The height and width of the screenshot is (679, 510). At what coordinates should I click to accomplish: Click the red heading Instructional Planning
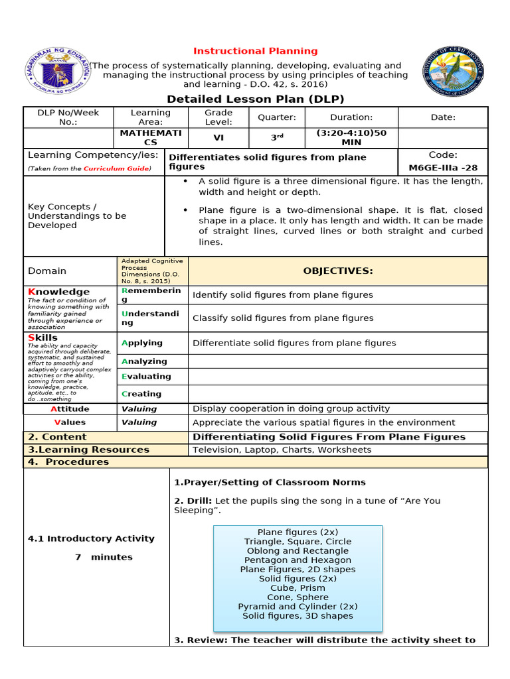pyautogui.click(x=255, y=51)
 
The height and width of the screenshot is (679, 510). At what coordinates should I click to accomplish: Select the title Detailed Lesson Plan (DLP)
pyautogui.click(x=256, y=99)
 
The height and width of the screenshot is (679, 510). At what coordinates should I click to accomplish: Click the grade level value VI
pyautogui.click(x=218, y=137)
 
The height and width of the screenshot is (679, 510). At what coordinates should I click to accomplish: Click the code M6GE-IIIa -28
pyautogui.click(x=443, y=167)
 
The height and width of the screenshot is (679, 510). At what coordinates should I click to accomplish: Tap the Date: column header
pyautogui.click(x=443, y=117)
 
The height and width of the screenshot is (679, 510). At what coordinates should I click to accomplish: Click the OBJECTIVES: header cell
pyautogui.click(x=338, y=271)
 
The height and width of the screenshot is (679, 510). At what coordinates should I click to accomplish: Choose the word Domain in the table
pyautogui.click(x=47, y=271)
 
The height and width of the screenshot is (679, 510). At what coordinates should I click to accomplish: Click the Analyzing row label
pyautogui.click(x=144, y=361)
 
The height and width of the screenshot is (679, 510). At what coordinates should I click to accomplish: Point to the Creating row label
pyautogui.click(x=141, y=393)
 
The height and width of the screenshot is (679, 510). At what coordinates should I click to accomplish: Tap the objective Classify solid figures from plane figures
pyautogui.click(x=283, y=318)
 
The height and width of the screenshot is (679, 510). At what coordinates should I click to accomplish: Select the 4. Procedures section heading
pyautogui.click(x=68, y=462)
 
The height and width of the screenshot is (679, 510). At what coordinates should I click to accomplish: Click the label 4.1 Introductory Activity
pyautogui.click(x=91, y=538)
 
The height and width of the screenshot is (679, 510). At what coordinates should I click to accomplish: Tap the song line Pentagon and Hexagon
pyautogui.click(x=297, y=560)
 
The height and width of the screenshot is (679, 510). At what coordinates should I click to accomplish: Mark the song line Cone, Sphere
pyautogui.click(x=297, y=597)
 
